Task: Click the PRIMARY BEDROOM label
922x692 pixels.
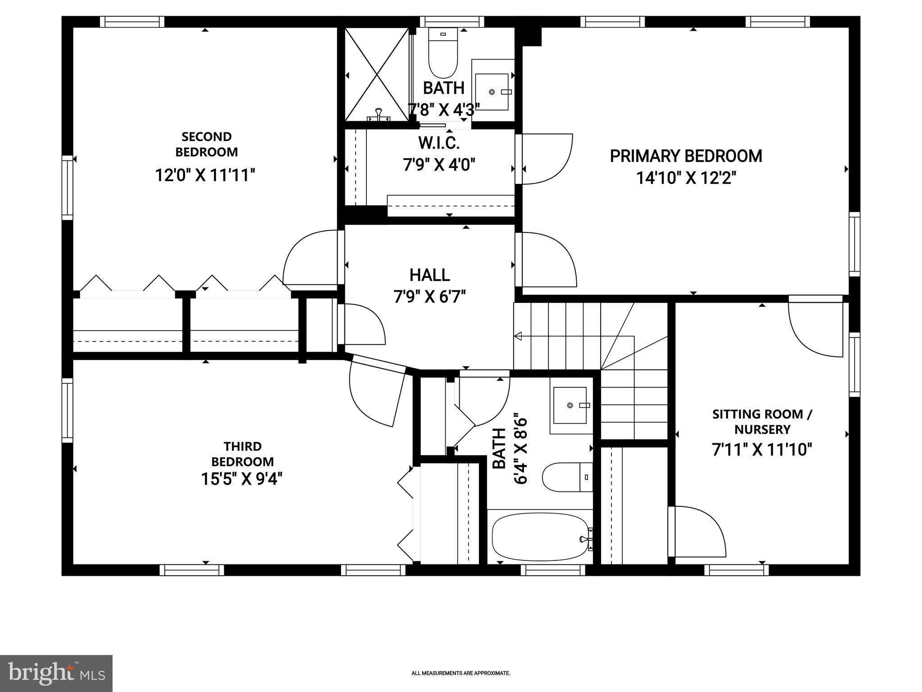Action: click(x=686, y=156)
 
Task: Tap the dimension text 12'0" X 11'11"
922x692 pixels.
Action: click(x=205, y=175)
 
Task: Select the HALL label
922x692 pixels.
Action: click(x=429, y=275)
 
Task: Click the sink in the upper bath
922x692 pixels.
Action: click(x=492, y=92)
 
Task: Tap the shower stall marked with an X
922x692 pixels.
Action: click(x=377, y=74)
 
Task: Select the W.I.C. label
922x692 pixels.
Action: click(x=439, y=143)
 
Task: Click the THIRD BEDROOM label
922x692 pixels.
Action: click(x=243, y=454)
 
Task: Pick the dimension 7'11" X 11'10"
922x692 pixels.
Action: click(x=762, y=450)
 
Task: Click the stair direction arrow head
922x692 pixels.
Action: click(x=518, y=336)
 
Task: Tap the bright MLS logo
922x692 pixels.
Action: click(x=56, y=673)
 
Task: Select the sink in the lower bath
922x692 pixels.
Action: click(x=570, y=405)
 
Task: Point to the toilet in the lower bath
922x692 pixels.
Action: click(x=566, y=477)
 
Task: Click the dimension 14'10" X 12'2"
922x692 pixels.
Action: click(x=686, y=178)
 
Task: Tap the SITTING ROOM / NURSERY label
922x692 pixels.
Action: click(x=762, y=422)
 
